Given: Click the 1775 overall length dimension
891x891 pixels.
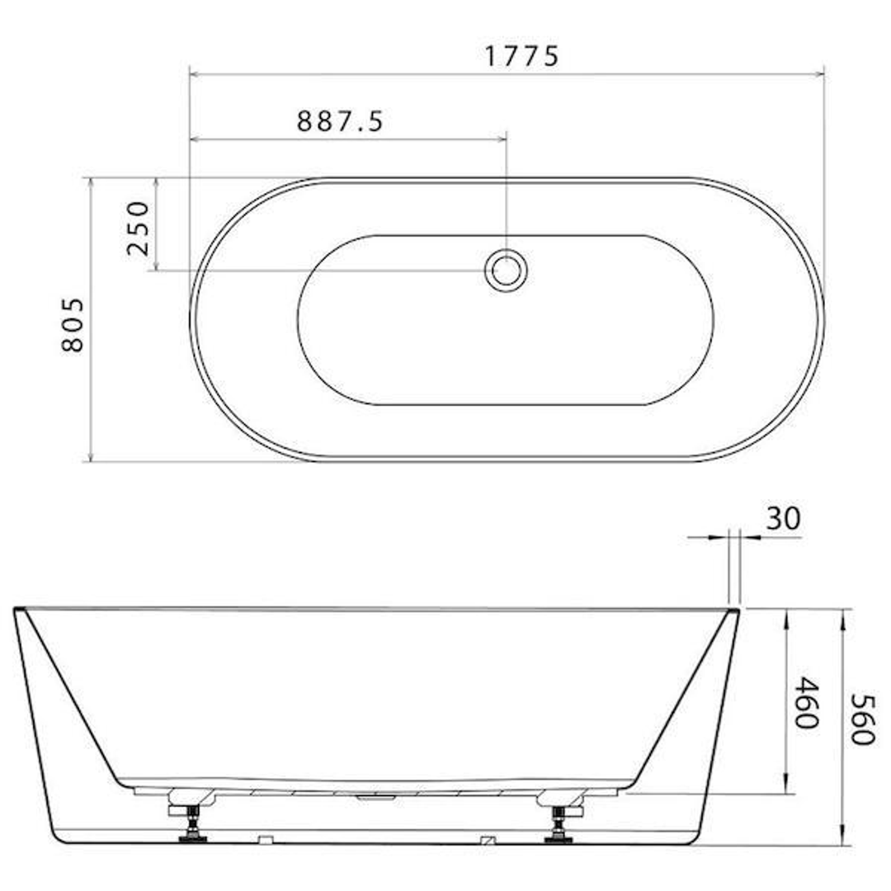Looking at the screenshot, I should coord(521,56).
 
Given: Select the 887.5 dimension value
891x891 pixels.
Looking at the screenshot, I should coord(340,122).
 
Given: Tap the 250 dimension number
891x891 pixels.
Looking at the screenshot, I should coord(139,229).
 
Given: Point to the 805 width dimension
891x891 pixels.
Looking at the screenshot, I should coord(73,325).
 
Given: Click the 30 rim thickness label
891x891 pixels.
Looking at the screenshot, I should coord(783,519).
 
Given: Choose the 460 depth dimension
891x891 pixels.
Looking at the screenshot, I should coord(806,703).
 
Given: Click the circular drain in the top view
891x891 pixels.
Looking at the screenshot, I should coord(506,270).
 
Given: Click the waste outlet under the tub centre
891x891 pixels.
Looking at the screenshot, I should coord(375,797).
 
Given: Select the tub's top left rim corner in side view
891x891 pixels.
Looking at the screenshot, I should coord(16,610).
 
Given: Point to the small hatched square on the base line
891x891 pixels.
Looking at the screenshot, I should coord(488,840).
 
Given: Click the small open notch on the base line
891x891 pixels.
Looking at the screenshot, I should coord(265,840).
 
